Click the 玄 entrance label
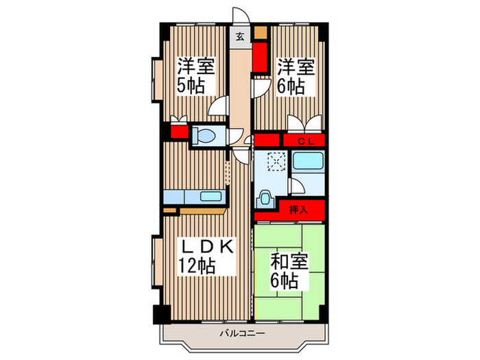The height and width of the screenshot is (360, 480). point(241,37)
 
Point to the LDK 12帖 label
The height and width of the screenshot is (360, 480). point(208,256)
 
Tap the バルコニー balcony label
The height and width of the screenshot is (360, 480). point(241,334)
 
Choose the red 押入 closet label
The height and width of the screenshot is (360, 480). point(298,209)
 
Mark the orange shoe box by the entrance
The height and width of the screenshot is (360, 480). point(260,32)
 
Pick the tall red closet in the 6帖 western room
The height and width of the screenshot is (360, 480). point(260,57)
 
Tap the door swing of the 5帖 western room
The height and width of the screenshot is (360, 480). point(219,107)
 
